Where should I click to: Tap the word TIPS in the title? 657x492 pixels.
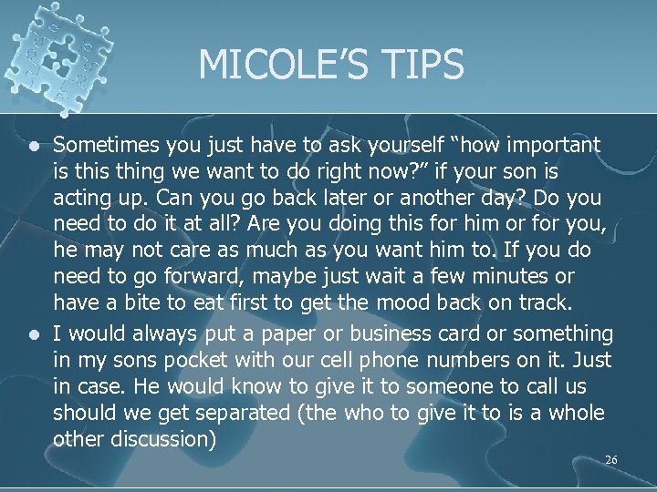[x=421, y=65]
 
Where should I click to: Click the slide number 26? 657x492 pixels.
[x=610, y=460]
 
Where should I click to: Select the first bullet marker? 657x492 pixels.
[x=34, y=146]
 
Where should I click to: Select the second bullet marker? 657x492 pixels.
[x=34, y=335]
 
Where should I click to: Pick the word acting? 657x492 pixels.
[x=81, y=198]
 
